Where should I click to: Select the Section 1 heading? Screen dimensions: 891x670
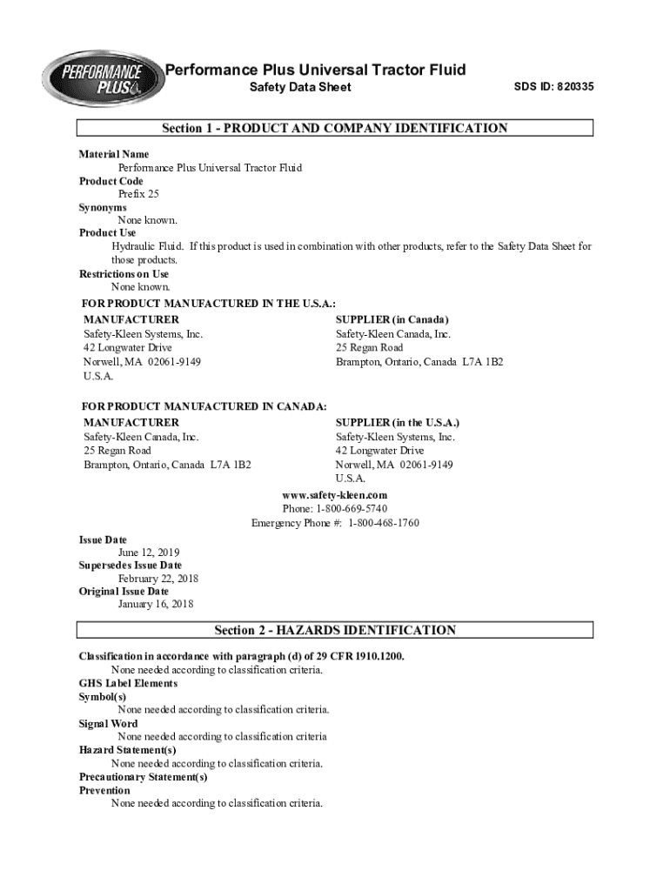(334, 129)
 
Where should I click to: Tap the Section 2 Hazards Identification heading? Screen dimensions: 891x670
(334, 630)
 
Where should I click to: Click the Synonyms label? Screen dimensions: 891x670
(103, 208)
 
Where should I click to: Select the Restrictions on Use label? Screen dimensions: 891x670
(124, 274)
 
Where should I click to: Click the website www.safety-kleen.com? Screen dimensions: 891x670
(334, 495)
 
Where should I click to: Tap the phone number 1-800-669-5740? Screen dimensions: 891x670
(353, 508)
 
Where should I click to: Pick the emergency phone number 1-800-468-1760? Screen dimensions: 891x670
(384, 523)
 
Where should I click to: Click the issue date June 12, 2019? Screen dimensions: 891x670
(149, 553)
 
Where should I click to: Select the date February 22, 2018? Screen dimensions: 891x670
(158, 579)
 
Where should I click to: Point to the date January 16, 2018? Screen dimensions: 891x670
(156, 604)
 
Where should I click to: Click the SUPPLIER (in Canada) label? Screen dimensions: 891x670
(392, 320)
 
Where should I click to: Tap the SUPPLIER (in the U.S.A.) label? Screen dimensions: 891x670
(398, 423)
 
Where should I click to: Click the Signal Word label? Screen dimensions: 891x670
(108, 724)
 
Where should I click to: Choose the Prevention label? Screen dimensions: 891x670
(104, 790)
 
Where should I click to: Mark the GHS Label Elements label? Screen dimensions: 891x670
(128, 683)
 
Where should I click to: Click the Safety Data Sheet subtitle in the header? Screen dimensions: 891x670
(300, 87)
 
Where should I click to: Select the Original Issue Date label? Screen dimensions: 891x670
(124, 592)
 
